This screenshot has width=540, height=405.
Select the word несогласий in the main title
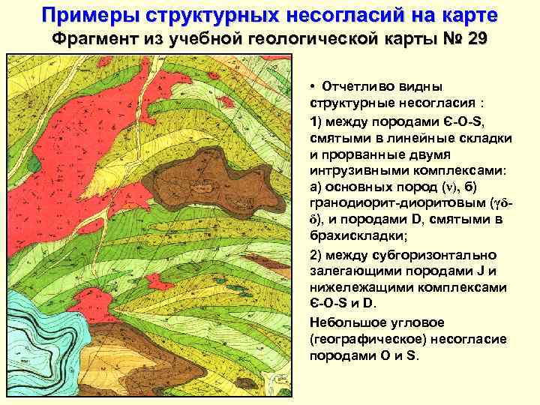tap(331, 15)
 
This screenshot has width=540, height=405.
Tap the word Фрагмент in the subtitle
tap(93, 39)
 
